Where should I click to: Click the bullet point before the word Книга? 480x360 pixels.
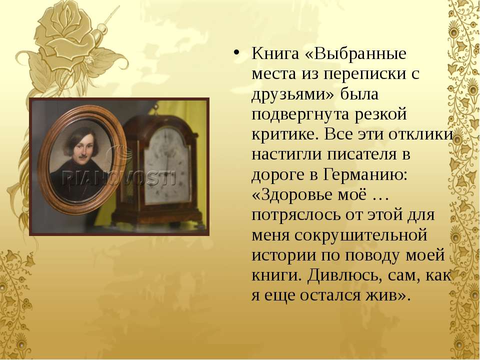235,51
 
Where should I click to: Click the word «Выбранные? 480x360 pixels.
355,53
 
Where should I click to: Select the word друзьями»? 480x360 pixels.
293,94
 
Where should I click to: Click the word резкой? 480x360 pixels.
381,114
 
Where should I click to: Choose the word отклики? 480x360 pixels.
420,134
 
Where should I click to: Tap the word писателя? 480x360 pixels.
360,154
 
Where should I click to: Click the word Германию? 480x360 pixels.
365,175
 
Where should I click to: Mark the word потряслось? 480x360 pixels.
295,215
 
